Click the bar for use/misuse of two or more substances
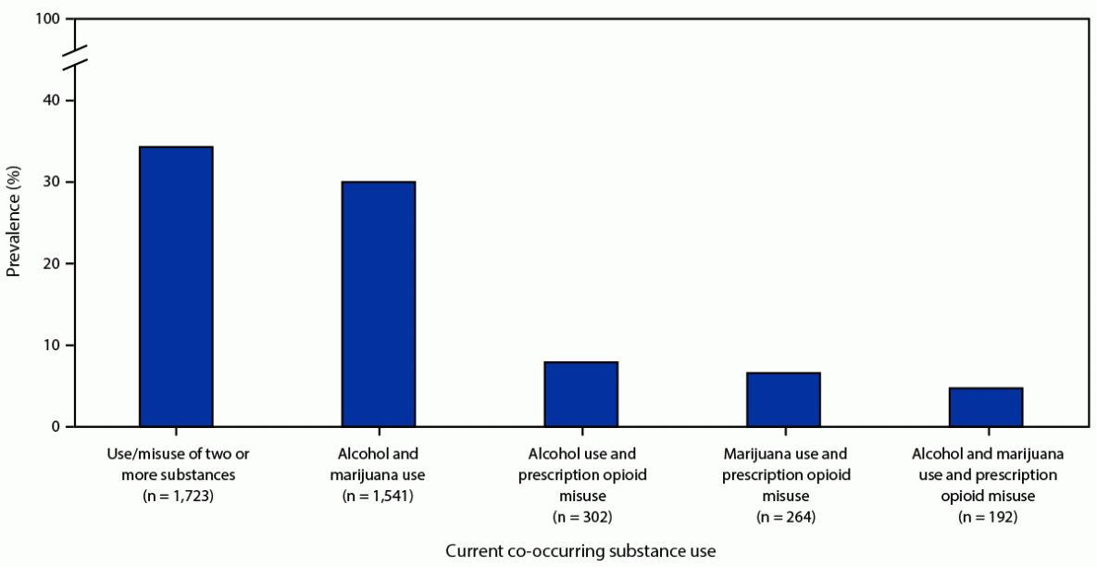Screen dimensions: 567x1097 (176, 286)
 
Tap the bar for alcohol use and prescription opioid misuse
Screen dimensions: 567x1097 (580, 395)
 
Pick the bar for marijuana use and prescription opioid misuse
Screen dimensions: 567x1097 (783, 399)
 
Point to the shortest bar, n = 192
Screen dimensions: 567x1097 (986, 408)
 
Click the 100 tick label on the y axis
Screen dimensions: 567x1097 (49, 19)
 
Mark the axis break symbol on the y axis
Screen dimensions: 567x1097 (78, 57)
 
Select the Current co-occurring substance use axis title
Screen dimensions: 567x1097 (580, 551)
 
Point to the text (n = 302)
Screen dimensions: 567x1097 (580, 515)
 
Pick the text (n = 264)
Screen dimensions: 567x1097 (783, 515)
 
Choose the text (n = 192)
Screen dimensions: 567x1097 (986, 515)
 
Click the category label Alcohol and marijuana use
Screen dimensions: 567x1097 (379, 464)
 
